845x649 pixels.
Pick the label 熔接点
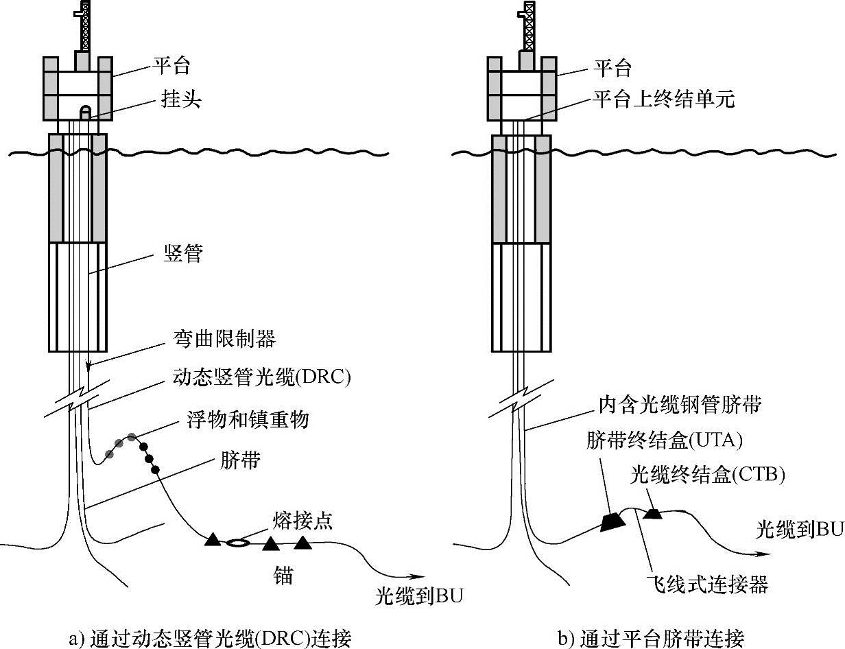coord(306,521)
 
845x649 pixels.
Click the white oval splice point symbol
coord(238,542)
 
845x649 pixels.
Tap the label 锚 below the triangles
coord(283,575)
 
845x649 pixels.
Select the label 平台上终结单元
coord(664,100)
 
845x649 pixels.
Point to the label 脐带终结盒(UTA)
coord(664,440)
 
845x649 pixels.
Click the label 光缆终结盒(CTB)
coord(707,474)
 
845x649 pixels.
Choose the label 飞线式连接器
coord(707,585)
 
